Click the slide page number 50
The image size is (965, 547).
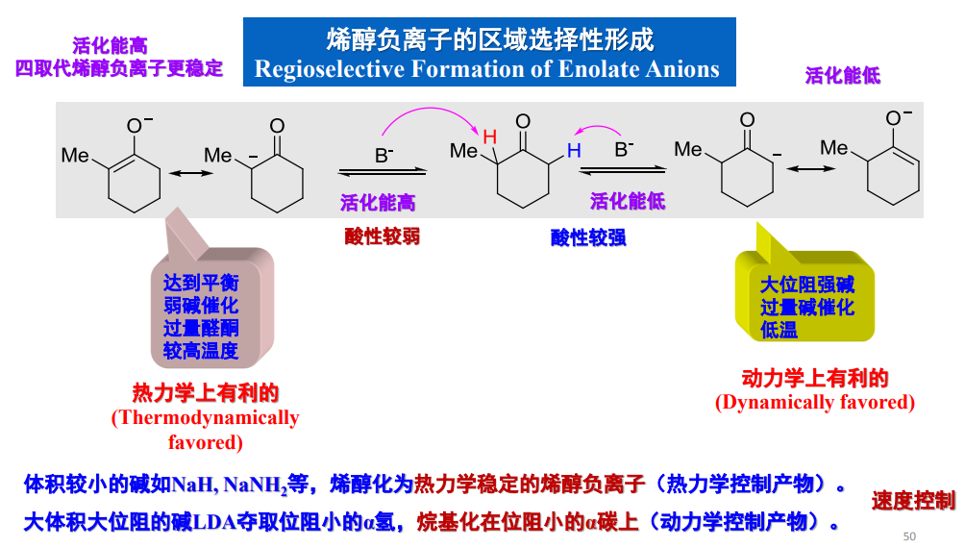coord(909,535)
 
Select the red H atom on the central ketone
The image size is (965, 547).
coord(489,137)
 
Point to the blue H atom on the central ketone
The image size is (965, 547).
coord(574,151)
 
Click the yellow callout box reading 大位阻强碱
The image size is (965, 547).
coord(806,307)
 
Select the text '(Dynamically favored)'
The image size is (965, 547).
coord(814,402)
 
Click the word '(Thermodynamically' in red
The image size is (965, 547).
coord(206,418)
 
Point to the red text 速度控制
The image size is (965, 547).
coord(913,500)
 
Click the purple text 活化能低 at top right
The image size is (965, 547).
coord(842,76)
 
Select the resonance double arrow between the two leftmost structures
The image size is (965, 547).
coord(188,172)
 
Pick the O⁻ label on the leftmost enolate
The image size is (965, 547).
coord(139,124)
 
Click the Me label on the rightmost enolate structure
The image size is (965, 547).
coord(834,148)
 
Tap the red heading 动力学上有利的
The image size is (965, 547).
coord(814,378)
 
